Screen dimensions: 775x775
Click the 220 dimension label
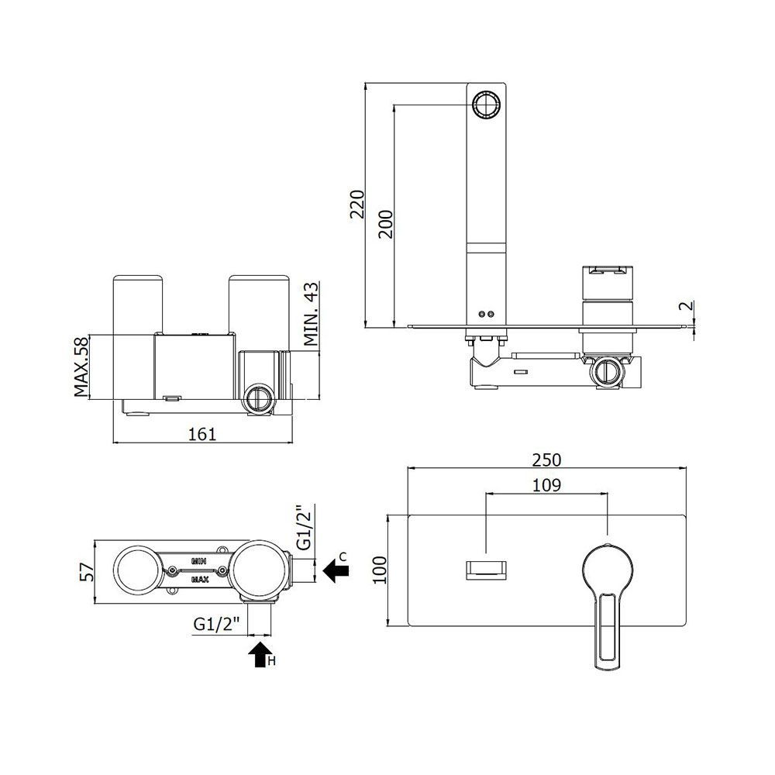pos(356,204)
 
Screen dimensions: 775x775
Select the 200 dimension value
pos(385,224)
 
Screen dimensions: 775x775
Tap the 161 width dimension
pos(202,434)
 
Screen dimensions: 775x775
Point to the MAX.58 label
pos(81,367)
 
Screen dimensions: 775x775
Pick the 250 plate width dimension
pos(546,460)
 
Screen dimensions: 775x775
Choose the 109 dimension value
pos(546,485)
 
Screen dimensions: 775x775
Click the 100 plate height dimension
pos(380,570)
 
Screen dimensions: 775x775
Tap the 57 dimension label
pos(87,572)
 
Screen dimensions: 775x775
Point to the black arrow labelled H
pos(260,654)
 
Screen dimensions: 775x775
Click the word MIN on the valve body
pos(199,561)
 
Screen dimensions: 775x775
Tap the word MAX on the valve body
pos(199,579)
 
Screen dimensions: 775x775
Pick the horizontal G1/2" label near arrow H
pos(216,624)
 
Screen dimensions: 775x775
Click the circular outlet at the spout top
pos(487,105)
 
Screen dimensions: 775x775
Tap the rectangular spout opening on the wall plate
pos(487,570)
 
